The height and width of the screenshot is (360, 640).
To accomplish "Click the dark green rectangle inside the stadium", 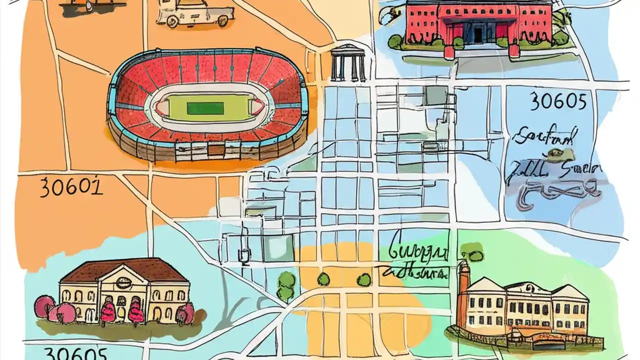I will point(205,108).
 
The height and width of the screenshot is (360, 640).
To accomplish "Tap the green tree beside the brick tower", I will point(471,252).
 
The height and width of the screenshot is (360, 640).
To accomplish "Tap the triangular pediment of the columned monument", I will point(348,49).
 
